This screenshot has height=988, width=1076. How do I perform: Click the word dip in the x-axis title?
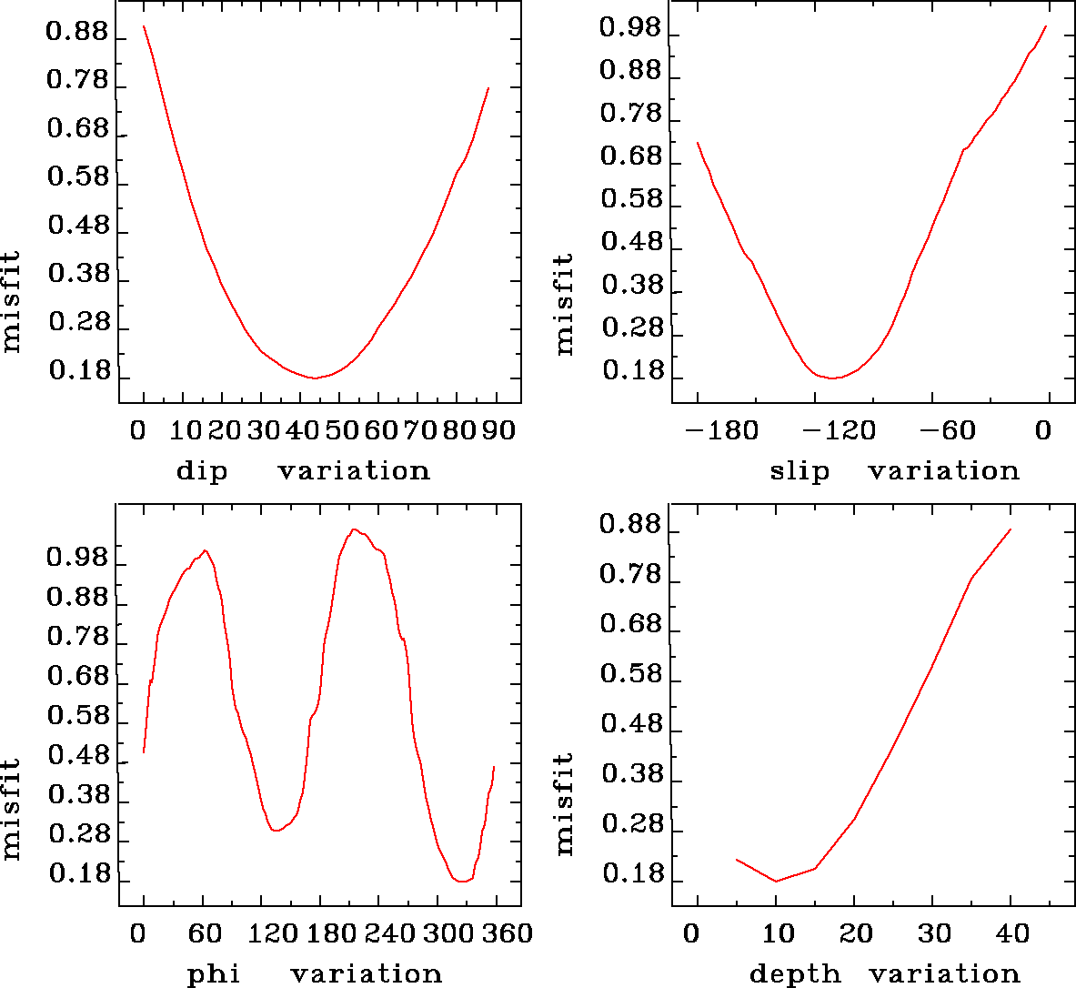click(201, 471)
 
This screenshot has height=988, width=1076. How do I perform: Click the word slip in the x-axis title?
click(799, 471)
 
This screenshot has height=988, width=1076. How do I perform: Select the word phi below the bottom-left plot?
click(214, 974)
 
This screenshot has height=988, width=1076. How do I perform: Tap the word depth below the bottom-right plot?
click(795, 974)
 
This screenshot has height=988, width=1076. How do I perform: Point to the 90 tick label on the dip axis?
click(498, 430)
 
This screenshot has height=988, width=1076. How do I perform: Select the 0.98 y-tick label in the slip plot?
click(630, 28)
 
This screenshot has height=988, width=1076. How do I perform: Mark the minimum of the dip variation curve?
click(315, 378)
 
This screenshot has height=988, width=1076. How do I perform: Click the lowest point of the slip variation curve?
click(831, 378)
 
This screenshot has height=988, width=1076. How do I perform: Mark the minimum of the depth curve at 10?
click(776, 881)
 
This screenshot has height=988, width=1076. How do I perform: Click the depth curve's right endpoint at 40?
click(1011, 529)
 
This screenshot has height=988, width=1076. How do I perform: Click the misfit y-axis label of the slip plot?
click(565, 304)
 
